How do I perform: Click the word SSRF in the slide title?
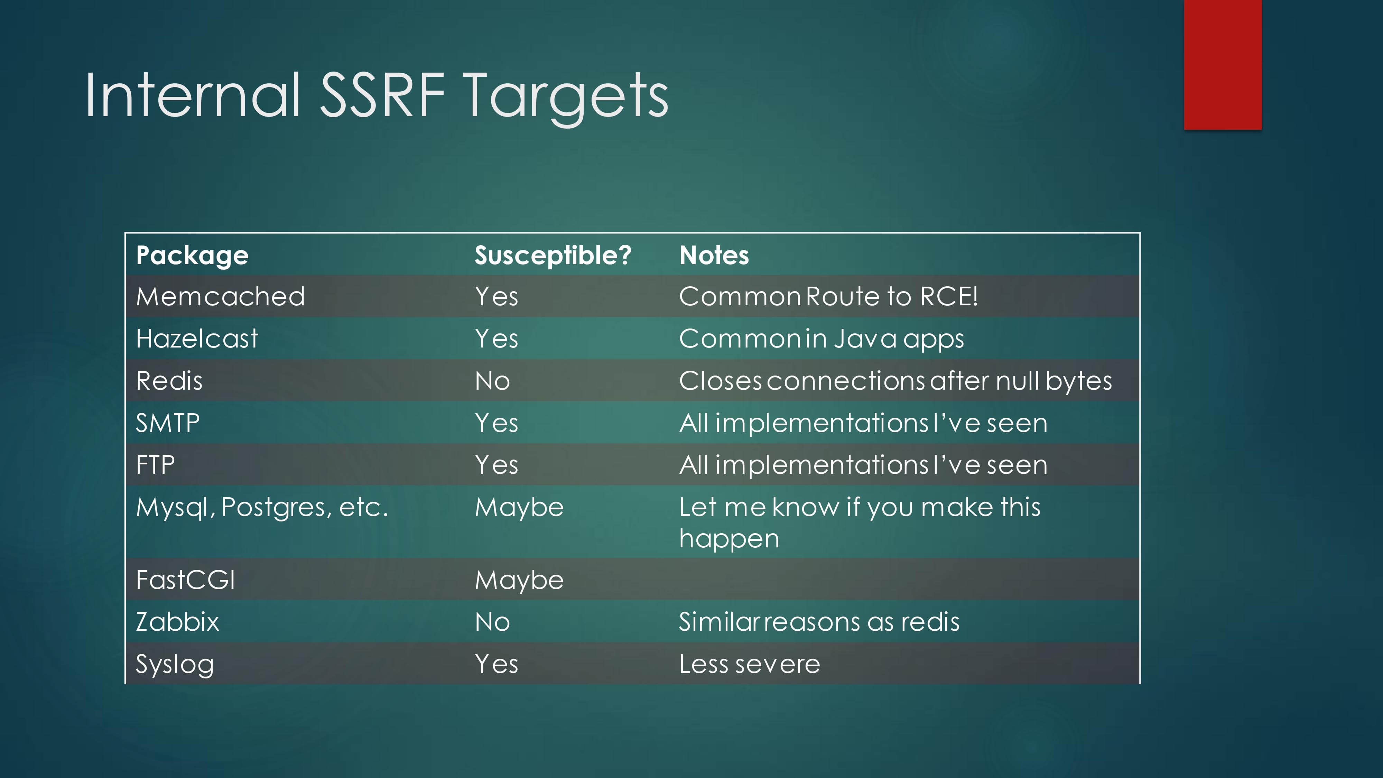coord(383,95)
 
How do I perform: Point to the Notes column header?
coord(714,255)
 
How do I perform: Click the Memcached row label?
coord(221,296)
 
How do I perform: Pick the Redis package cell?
coord(169,381)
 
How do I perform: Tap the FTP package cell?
coord(155,465)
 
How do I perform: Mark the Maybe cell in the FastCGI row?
coord(519,580)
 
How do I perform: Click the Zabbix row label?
coord(177,622)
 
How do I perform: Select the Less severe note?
coord(750,664)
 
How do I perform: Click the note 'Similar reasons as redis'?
coord(819,622)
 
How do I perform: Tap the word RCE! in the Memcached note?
coord(949,296)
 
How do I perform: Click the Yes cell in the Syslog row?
coord(496,664)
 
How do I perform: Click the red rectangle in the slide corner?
coord(1223,64)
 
